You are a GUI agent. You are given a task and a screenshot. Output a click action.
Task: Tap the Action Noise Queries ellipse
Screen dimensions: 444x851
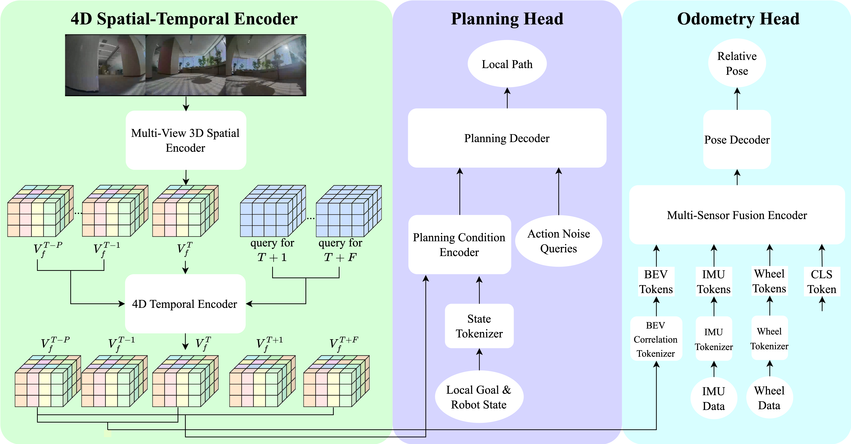[558, 241]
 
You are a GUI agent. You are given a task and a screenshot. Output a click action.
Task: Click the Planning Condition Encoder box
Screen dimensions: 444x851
[459, 244]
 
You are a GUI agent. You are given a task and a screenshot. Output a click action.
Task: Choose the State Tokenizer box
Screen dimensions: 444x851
[479, 326]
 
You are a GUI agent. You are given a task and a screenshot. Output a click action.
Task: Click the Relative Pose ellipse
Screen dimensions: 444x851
[737, 63]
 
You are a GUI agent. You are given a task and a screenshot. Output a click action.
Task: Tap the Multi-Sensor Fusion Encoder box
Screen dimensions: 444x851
[737, 215]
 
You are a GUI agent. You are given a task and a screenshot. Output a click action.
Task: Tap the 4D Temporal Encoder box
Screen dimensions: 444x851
[185, 304]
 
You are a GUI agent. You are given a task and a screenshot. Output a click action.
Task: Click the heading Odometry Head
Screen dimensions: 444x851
[738, 19]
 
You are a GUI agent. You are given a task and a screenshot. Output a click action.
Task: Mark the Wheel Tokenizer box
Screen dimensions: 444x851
[769, 338]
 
